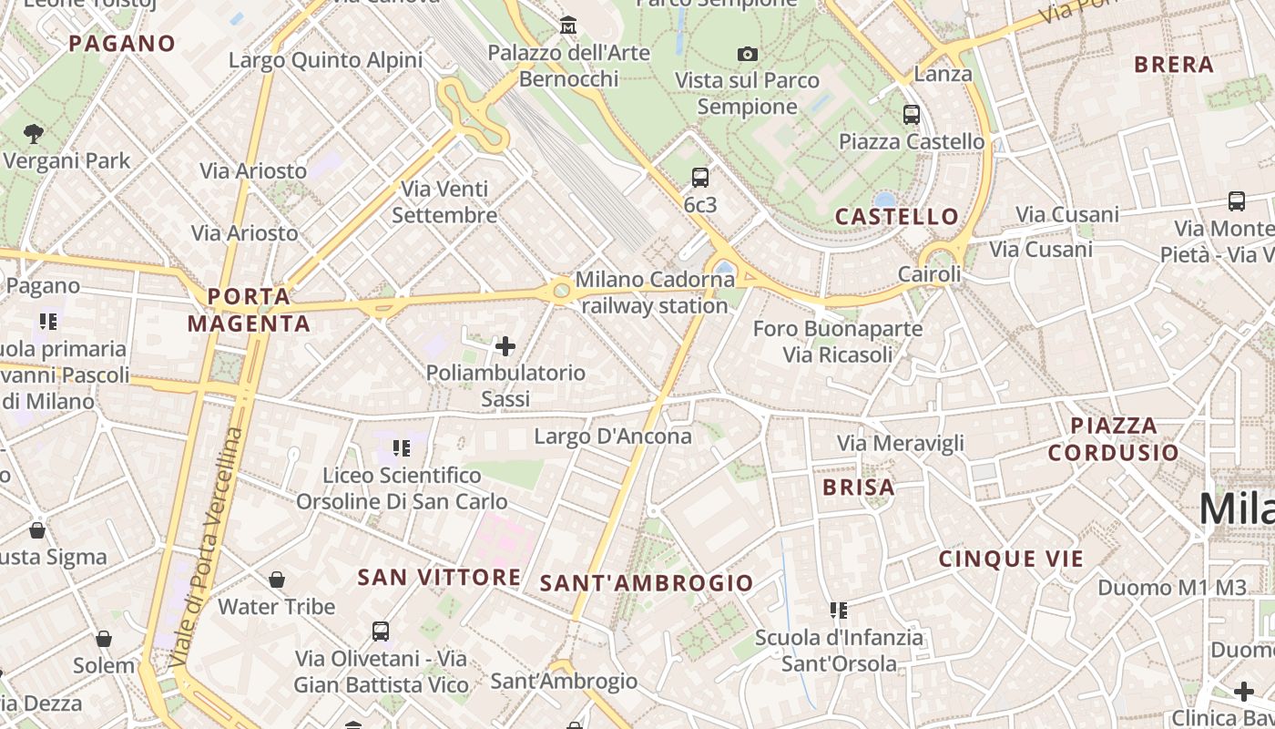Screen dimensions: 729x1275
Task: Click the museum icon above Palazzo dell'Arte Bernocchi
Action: tap(568, 26)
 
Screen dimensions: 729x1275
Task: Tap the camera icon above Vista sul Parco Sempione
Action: tap(748, 55)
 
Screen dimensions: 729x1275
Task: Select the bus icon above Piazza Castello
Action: tap(911, 115)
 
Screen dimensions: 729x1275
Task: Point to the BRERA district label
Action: tap(1174, 65)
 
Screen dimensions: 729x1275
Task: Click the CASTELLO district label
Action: tap(897, 217)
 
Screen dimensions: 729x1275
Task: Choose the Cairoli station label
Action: tap(929, 274)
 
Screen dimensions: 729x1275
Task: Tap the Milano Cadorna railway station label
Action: tap(655, 293)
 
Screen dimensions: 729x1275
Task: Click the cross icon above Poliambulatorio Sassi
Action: tap(505, 346)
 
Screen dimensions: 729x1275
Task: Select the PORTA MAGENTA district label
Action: tap(249, 310)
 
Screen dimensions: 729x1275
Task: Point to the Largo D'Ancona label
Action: tap(613, 436)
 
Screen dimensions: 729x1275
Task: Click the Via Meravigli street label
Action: tap(900, 444)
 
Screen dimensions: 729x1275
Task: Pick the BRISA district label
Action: tap(859, 488)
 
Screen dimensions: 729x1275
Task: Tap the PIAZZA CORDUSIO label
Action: tap(1113, 438)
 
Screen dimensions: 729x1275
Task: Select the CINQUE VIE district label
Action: tap(1011, 559)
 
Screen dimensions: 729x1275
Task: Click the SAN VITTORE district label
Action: tap(439, 577)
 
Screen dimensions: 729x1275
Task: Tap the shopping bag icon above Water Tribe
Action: tap(277, 580)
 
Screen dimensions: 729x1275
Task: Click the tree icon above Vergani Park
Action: tap(35, 134)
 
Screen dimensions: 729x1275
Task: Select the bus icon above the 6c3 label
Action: tap(699, 178)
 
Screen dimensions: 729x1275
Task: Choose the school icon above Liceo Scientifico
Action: tap(402, 448)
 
